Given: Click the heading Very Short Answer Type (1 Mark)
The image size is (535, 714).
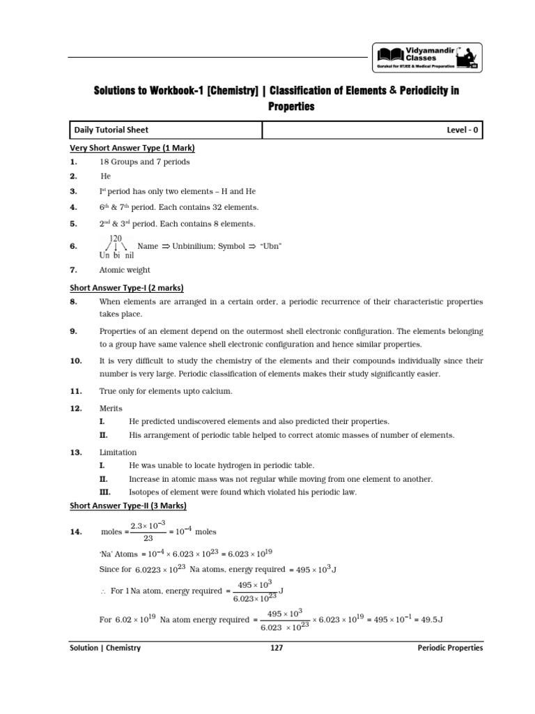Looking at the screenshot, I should click(x=132, y=148).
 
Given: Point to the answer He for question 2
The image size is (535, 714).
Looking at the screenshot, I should click(x=106, y=176).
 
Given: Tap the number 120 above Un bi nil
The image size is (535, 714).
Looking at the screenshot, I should click(x=116, y=238).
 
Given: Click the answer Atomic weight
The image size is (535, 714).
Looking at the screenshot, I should click(x=125, y=270).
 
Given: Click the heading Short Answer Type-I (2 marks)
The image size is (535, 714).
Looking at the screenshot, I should click(x=127, y=287).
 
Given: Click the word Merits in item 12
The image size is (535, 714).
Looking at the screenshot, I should click(x=111, y=408).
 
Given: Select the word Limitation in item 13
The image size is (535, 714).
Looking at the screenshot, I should click(x=118, y=453).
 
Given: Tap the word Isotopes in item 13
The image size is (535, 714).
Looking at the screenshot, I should click(x=146, y=492).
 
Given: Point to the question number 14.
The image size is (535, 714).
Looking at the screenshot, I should click(x=77, y=532).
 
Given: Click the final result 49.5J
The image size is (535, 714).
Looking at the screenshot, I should click(x=431, y=620).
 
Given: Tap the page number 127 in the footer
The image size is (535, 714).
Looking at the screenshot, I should click(x=276, y=648).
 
